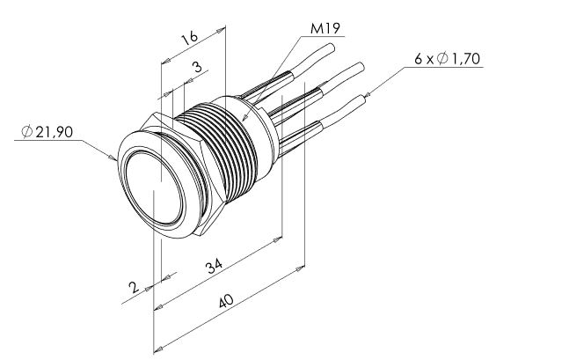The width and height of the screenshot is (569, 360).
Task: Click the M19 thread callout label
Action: [325, 28]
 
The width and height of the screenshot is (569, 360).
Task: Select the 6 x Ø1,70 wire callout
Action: [448, 58]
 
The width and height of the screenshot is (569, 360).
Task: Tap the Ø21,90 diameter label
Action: [47, 132]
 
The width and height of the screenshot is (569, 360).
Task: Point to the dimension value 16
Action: [190, 38]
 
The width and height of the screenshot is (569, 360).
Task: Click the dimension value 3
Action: [197, 67]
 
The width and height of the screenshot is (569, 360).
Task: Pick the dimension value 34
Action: [214, 267]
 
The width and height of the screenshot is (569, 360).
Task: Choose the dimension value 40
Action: [226, 301]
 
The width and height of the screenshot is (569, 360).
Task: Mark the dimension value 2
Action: [134, 287]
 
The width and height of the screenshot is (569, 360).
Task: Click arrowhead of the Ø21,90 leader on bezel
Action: [113, 158]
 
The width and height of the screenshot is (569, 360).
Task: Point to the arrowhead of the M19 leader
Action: [244, 118]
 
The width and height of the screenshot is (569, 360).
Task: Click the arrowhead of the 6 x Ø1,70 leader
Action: [368, 95]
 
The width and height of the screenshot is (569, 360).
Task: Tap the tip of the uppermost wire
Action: [331, 47]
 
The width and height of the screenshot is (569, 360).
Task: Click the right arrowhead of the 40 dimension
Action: [301, 268]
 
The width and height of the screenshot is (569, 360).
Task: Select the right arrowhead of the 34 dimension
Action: [278, 239]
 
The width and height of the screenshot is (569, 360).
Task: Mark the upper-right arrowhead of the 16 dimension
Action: [221, 31]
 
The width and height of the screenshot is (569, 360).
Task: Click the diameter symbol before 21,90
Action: [27, 132]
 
